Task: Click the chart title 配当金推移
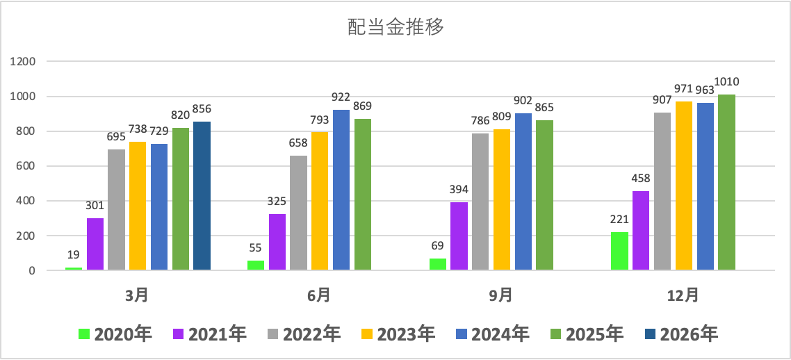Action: (395, 28)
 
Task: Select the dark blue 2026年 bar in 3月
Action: (202, 195)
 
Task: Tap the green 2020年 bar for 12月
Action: (619, 251)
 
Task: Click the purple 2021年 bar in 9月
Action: (459, 236)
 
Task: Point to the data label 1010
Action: (726, 82)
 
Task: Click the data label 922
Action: (341, 97)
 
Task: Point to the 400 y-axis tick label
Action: (26, 201)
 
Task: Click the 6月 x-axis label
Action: (319, 295)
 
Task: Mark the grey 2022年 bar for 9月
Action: (480, 202)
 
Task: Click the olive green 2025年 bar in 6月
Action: (363, 194)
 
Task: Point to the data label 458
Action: (641, 179)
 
